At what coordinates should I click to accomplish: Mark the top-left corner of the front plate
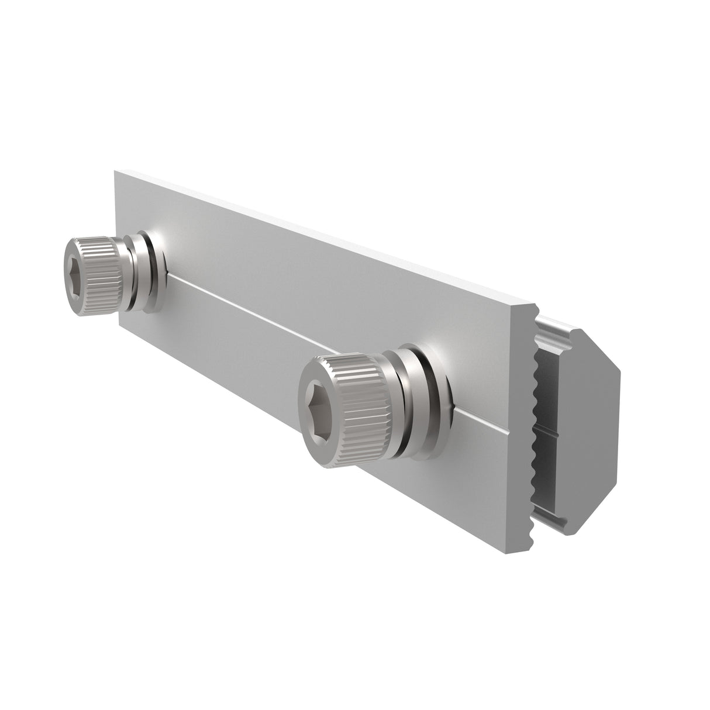point(115,172)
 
